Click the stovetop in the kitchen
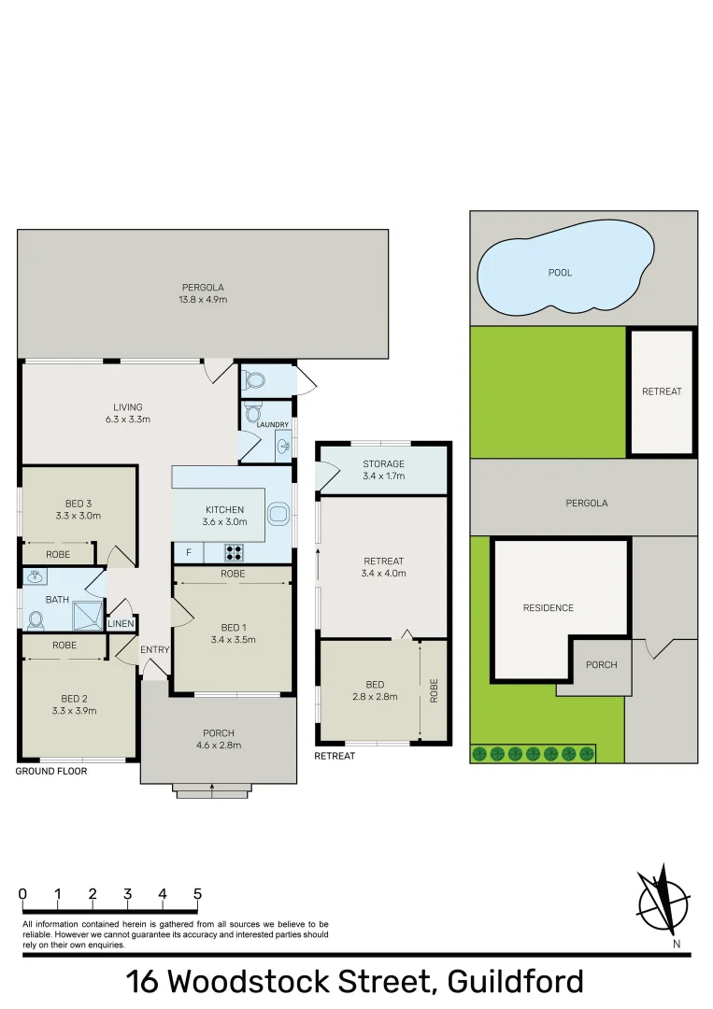(234, 552)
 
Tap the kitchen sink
(278, 513)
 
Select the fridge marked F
(189, 552)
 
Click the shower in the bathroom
(88, 616)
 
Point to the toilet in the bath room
(36, 618)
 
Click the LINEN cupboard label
(121, 624)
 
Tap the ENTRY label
(154, 650)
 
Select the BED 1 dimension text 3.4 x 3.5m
(233, 640)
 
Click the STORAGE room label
(383, 463)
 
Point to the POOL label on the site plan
(560, 273)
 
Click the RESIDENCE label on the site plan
(548, 608)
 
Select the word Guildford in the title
(515, 982)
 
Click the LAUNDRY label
(259, 424)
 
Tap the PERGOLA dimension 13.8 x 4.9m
(203, 300)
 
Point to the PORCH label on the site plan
(601, 665)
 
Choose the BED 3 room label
(78, 503)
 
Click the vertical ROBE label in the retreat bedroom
(434, 689)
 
